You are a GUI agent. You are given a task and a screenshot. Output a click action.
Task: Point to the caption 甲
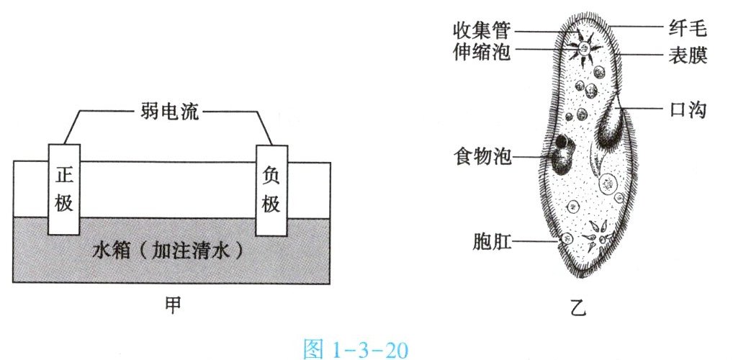(x=171, y=305)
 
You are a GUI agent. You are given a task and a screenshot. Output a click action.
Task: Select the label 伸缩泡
(x=481, y=52)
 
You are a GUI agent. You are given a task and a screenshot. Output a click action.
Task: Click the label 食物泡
(x=481, y=156)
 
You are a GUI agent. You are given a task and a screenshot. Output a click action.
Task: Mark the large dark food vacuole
(x=559, y=151)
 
